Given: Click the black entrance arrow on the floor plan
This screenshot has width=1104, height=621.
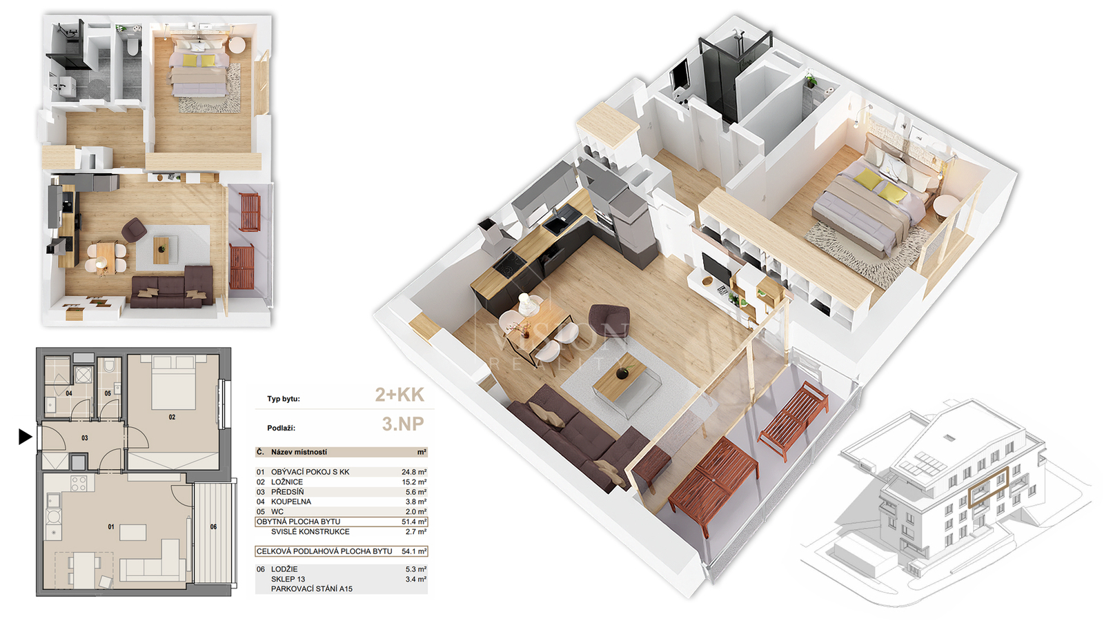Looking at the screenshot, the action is coord(25,437).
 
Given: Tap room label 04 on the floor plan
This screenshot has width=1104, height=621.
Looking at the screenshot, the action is coord(69,393).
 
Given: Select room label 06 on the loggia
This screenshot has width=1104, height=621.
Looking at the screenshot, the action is coord(213,527).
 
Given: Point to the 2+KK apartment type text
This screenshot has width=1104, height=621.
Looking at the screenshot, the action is coord(400,395).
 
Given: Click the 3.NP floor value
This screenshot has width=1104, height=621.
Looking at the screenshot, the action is coord(403,424).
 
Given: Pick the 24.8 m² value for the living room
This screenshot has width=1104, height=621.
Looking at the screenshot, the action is coord(414,472).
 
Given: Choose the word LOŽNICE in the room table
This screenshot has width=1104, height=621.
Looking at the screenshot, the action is coord(287,482).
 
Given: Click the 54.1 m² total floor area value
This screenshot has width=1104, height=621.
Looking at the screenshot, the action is coord(414,551).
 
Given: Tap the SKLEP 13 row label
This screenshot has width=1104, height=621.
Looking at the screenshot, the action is coord(288,579).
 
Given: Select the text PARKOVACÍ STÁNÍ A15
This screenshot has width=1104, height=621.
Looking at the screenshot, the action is coord(311,589).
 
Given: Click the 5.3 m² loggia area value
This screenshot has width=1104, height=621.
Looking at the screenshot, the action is coord(415,569).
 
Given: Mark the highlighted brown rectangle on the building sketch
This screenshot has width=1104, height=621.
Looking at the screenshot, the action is coord(989,487).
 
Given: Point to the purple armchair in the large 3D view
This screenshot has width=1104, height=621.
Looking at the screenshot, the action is coord(609,320).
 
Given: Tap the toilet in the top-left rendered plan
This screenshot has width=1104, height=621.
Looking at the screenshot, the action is coord(132,47).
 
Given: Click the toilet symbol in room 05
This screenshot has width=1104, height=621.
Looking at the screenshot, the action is coord(110,365).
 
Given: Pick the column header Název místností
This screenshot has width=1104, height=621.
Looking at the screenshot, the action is coord(299,452).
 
